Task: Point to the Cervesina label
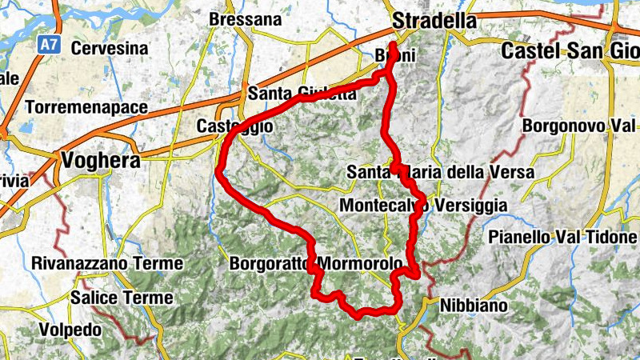[x=110, y=48]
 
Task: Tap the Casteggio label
[x=235, y=126]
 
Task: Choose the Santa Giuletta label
[x=302, y=94]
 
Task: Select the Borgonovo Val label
[x=578, y=126]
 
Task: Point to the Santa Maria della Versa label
[x=426, y=172]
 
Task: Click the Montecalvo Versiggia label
[x=423, y=206]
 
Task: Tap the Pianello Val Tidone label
[x=563, y=238]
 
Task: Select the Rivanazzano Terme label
[x=107, y=262]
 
